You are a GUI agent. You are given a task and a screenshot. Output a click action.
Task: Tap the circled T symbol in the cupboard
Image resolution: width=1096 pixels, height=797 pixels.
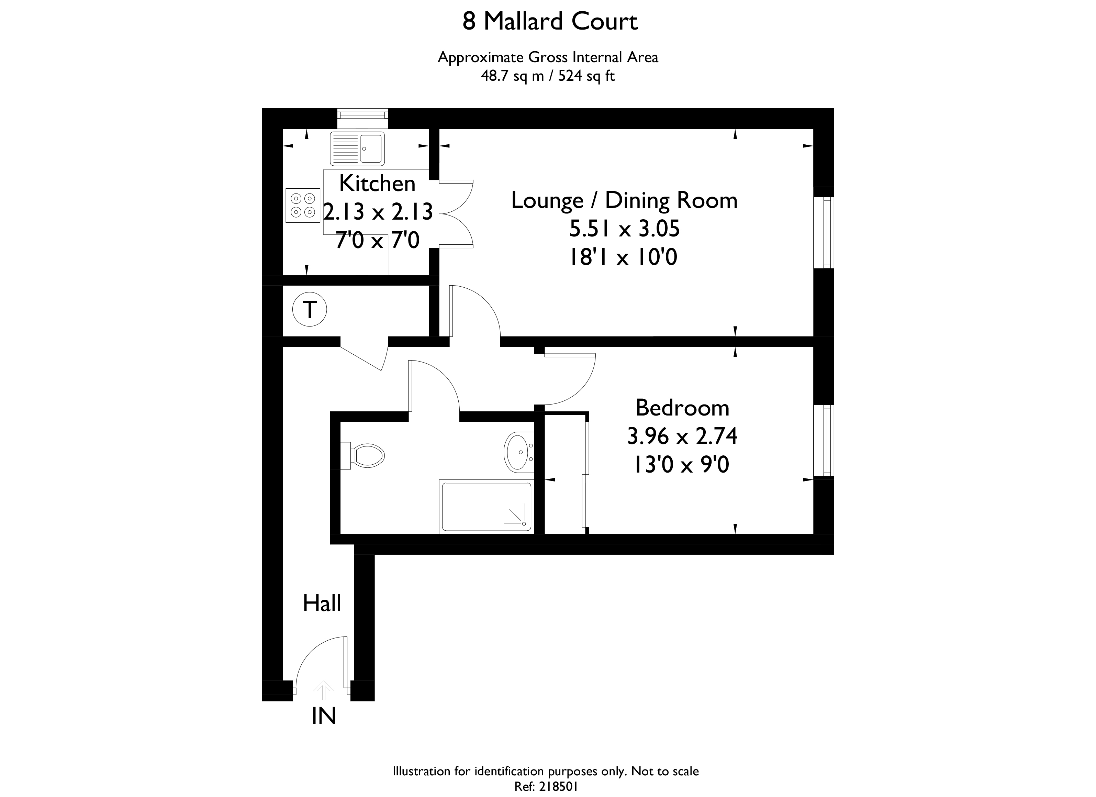310,309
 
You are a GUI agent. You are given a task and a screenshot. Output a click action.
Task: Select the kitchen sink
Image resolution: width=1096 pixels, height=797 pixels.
357,149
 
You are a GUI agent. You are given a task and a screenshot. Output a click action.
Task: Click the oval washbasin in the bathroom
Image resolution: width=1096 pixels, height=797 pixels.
518,451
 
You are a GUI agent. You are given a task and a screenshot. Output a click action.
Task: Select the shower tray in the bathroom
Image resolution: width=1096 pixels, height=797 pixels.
486,507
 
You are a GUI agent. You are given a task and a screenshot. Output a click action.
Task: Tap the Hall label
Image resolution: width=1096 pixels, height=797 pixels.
322,604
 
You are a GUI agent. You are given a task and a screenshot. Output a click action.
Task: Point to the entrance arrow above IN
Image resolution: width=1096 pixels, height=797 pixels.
323,690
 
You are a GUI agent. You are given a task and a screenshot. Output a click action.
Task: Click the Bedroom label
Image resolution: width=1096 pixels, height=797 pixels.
682,408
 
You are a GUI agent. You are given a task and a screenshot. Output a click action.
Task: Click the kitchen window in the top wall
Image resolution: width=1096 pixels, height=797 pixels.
362,114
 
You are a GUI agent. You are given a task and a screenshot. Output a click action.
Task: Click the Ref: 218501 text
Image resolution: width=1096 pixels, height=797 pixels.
546,786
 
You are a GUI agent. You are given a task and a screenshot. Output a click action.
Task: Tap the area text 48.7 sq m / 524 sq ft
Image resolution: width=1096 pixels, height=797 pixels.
548,76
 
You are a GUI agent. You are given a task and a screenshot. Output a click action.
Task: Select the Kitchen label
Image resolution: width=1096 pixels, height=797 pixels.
377,184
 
